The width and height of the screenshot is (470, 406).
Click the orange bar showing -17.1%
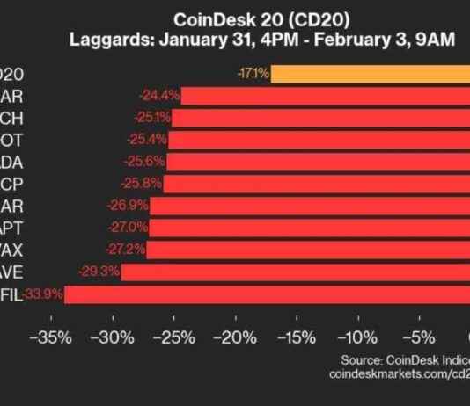tap(370, 73)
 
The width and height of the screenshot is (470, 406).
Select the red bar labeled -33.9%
tap(264, 294)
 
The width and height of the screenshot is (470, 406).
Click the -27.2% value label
tap(126, 250)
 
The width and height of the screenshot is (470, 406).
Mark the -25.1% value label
tap(151, 117)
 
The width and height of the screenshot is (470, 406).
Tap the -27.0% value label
tap(129, 228)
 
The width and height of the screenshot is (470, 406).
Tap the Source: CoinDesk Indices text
tap(406, 359)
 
